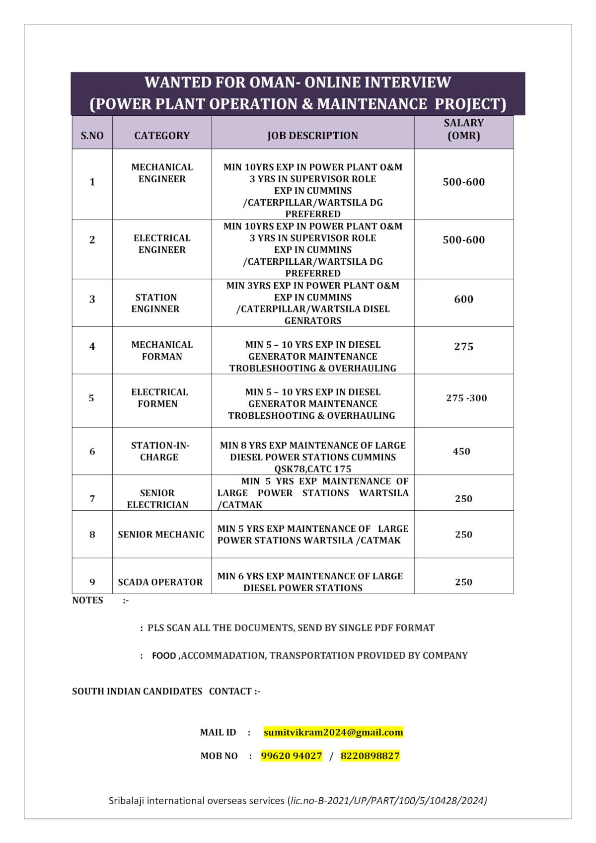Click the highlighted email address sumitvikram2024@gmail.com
click(333, 732)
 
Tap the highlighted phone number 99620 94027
click(292, 756)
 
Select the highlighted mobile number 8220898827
click(370, 756)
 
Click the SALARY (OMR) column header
click(463, 129)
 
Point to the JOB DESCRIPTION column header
click(312, 136)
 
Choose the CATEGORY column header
click(162, 136)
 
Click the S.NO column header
click(92, 136)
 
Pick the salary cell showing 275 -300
click(466, 398)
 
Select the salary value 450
click(461, 452)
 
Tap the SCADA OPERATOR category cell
click(160, 582)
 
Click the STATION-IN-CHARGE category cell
click(160, 451)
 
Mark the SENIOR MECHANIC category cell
click(161, 535)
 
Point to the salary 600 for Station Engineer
click(463, 299)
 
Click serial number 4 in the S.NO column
click(92, 347)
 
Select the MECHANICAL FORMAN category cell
click(162, 350)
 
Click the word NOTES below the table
click(87, 600)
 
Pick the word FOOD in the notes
click(164, 656)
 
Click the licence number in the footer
click(387, 800)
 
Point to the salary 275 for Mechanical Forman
click(463, 347)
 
